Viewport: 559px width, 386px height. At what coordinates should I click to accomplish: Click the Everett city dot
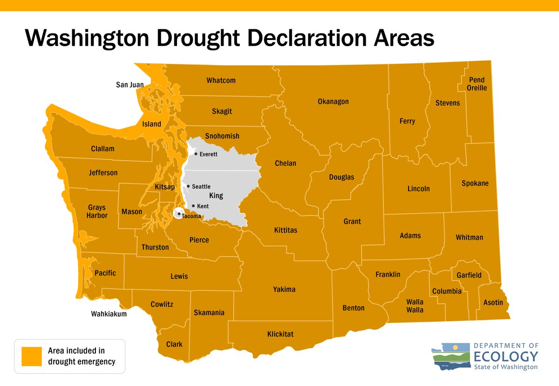point(196,154)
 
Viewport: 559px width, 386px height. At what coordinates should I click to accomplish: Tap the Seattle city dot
point(188,186)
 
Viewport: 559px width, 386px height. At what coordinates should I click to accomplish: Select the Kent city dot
point(193,205)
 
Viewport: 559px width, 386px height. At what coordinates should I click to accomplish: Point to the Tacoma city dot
point(179,214)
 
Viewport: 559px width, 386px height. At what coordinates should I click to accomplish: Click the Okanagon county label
point(333,102)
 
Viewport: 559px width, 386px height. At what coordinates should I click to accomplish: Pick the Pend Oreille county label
point(477,84)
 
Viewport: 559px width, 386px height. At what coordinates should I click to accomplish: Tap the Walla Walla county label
point(415,306)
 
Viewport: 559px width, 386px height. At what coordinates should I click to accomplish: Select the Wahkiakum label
point(109,314)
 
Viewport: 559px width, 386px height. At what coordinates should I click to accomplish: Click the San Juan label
point(130,85)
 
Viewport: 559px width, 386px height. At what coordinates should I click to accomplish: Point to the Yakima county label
point(284,290)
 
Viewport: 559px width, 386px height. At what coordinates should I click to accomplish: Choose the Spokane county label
point(475,183)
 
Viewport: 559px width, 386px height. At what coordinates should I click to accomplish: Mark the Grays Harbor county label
point(97,211)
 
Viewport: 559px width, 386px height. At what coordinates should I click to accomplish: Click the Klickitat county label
point(280,334)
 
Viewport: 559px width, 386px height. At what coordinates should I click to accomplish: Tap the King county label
point(216,196)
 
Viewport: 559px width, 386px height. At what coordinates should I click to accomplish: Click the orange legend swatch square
point(31,356)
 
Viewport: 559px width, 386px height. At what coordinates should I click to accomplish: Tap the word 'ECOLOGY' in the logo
point(505,357)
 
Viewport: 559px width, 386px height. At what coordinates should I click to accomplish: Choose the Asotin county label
point(493,303)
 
